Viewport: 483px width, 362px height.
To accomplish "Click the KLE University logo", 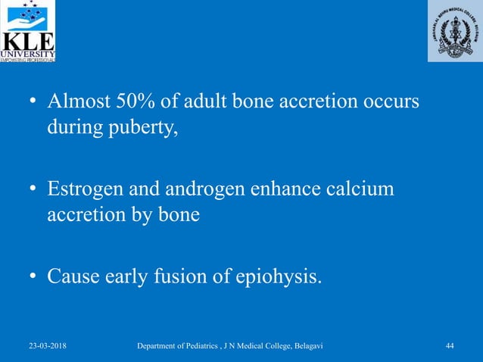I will click(28, 32).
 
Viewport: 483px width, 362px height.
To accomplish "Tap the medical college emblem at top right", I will click(453, 31).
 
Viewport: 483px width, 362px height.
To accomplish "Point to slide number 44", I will click(450, 346).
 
